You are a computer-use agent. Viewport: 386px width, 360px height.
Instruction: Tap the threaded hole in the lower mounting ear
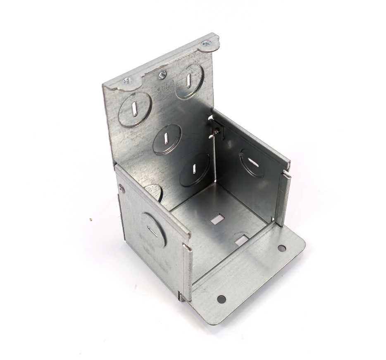point(127,81)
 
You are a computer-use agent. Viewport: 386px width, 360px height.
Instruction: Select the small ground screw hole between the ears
point(162,75)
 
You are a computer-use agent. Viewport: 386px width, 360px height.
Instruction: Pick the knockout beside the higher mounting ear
point(189,81)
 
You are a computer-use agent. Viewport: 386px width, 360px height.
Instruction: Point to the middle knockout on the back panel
point(167,139)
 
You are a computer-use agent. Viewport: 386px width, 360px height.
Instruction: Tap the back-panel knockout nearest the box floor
point(194,169)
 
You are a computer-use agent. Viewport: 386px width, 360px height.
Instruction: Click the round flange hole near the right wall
point(281,248)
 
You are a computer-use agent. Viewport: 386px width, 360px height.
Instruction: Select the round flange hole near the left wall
point(221,298)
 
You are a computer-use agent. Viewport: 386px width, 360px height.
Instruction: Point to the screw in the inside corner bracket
point(216,131)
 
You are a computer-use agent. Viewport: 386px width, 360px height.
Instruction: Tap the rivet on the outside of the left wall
point(121,189)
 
